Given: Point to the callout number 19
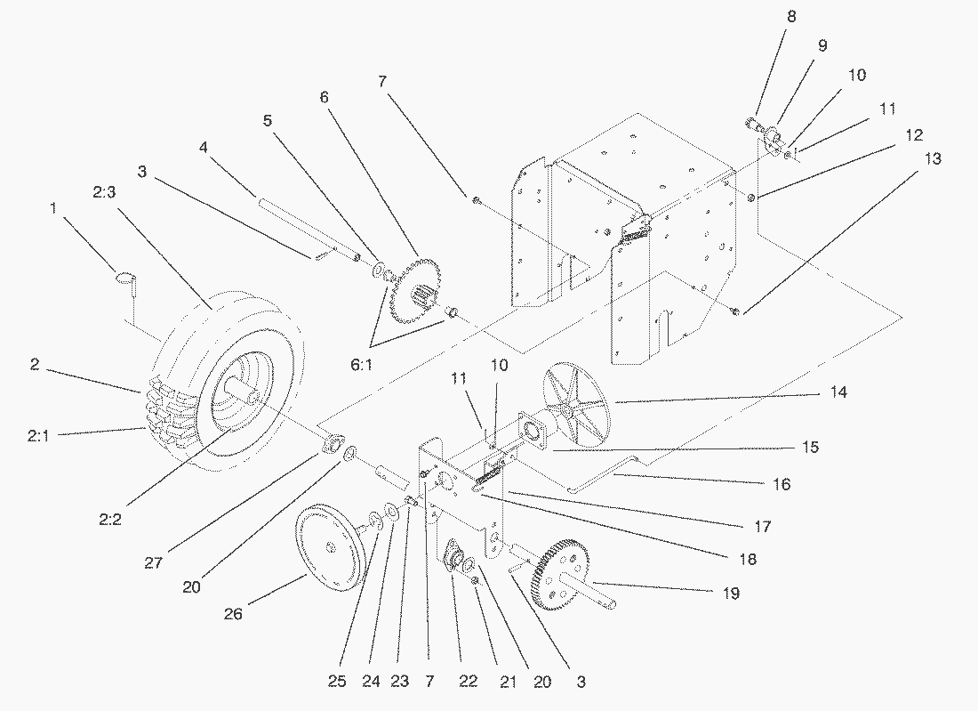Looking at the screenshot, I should (x=731, y=592).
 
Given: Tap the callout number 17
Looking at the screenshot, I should (x=763, y=527).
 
